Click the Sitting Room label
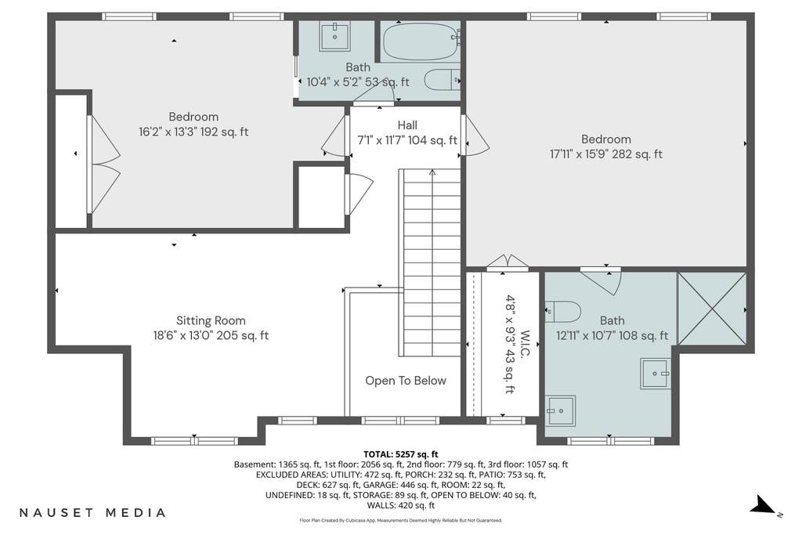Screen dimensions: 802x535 [x=211, y=320]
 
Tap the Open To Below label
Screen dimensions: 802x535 [x=406, y=381]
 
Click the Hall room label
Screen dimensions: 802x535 [x=407, y=125]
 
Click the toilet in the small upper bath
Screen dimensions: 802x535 [x=442, y=81]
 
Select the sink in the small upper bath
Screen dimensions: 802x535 [x=334, y=36]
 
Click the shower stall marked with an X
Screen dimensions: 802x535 [x=711, y=309]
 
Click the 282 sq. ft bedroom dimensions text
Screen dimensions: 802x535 [x=605, y=154]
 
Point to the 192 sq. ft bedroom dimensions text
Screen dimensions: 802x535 [x=193, y=132]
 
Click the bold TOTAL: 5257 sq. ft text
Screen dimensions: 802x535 [x=401, y=454]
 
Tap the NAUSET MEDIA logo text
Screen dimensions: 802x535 [x=92, y=512]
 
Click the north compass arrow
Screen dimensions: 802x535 [x=764, y=505]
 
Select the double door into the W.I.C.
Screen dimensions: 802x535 [x=507, y=262]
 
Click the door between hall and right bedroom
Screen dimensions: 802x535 [x=474, y=135]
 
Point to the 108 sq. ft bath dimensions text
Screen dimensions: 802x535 [x=612, y=335]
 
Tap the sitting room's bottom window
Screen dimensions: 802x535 [x=194, y=441]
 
